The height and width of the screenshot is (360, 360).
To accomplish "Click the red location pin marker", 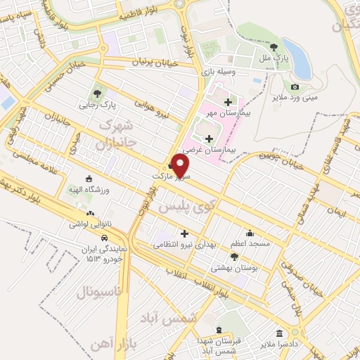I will [181, 167].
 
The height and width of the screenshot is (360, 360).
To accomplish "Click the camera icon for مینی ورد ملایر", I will [294, 86].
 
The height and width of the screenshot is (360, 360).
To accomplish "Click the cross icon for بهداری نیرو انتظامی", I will [185, 233].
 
